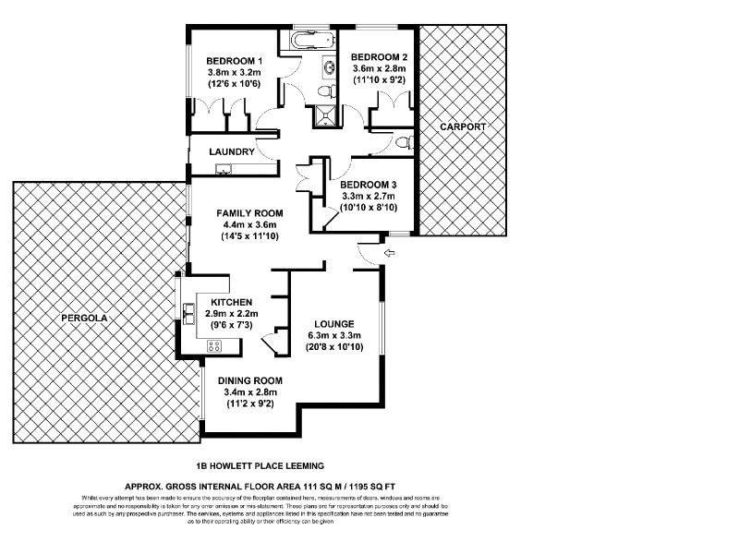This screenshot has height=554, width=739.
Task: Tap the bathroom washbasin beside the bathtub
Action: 329,68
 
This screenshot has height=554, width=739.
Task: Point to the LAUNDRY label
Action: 231,151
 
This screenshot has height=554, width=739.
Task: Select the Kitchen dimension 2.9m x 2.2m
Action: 233,313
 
